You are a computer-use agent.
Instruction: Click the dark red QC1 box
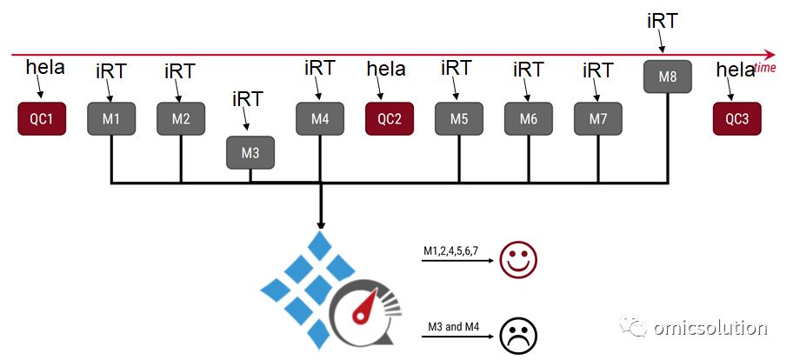[42, 119]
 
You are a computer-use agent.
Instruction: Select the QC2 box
[390, 119]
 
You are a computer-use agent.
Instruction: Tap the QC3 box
[736, 119]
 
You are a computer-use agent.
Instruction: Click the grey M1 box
[111, 119]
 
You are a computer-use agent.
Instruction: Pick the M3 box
[250, 153]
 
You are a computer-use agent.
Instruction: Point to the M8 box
[668, 77]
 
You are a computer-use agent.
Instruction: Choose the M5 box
[459, 119]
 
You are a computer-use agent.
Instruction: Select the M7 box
[598, 119]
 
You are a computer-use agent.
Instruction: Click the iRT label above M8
[663, 21]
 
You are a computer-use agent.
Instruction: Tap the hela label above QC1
[45, 67]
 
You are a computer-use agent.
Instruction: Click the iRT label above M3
[248, 100]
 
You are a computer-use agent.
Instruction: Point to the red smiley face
[518, 260]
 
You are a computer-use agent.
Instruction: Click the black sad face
[518, 336]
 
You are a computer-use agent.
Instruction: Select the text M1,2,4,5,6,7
[450, 251]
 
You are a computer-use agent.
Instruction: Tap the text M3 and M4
[453, 327]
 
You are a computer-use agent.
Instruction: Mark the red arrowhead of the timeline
[770, 55]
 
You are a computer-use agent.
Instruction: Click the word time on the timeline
[765, 68]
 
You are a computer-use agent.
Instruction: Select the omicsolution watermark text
[710, 328]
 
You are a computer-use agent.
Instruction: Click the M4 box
[320, 119]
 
